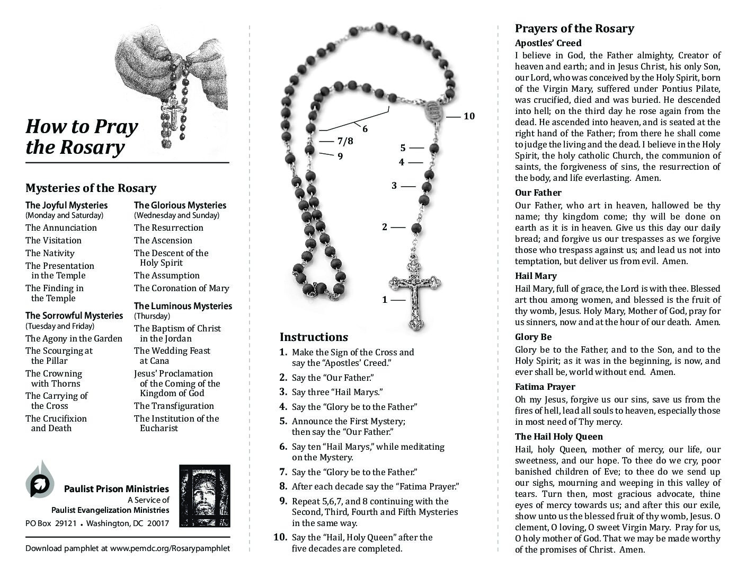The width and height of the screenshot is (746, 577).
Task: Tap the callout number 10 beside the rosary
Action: coord(469,116)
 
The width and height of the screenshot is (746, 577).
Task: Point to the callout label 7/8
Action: coord(345,141)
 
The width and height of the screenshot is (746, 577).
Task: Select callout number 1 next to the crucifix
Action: coord(385,300)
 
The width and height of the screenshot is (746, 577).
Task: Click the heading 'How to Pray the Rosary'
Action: coord(82,137)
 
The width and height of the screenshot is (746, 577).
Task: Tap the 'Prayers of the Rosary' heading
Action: coord(574,29)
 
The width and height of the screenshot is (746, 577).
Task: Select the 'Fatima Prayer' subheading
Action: coord(545,387)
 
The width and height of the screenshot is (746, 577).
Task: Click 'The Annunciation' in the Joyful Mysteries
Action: coord(61,228)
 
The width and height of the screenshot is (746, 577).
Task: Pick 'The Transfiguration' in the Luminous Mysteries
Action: coord(174,406)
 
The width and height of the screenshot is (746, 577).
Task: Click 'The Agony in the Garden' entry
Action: coord(74,339)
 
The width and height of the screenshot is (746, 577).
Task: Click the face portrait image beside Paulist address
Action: coord(205,495)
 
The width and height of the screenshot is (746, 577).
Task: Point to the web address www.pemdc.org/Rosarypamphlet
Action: coord(170,548)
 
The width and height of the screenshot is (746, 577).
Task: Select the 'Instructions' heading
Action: coord(314,337)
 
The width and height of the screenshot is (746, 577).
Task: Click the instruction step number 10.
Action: coord(280,537)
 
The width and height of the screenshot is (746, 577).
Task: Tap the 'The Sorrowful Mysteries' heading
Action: coord(74,316)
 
